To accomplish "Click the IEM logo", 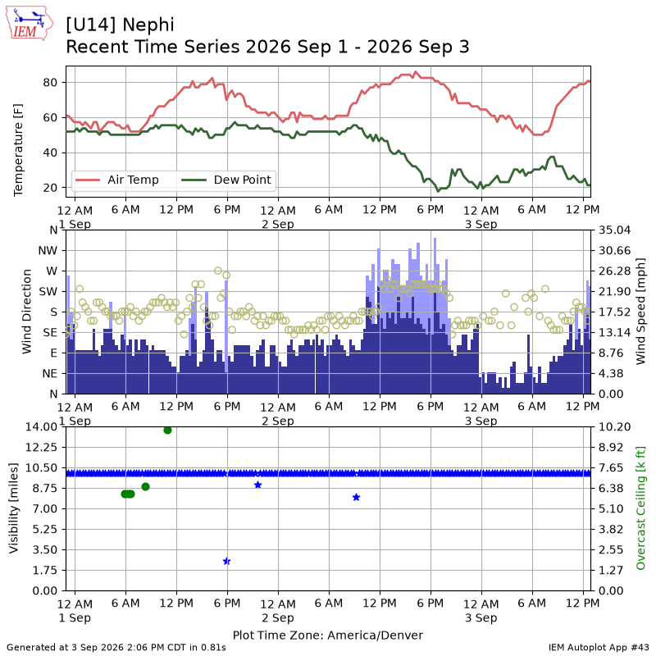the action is pyautogui.click(x=30, y=24).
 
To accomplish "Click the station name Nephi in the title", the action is pyautogui.click(x=148, y=25).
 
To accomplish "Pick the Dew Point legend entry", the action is pyautogui.click(x=226, y=180).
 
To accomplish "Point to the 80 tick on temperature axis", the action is pyautogui.click(x=50, y=83).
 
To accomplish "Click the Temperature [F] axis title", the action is pyautogui.click(x=18, y=150).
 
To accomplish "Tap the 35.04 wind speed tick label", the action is pyautogui.click(x=614, y=230).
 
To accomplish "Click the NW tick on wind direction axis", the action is pyautogui.click(x=48, y=251).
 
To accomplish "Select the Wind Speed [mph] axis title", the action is pyautogui.click(x=640, y=312).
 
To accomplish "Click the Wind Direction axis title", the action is pyautogui.click(x=26, y=312).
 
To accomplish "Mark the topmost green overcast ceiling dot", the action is pyautogui.click(x=168, y=430).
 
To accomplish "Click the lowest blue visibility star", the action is pyautogui.click(x=227, y=561).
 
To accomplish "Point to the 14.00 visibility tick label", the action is pyautogui.click(x=41, y=426).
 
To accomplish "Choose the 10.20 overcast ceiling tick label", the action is pyautogui.click(x=614, y=426).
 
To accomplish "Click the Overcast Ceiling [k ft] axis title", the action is pyautogui.click(x=640, y=508).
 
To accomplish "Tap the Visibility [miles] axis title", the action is pyautogui.click(x=14, y=508).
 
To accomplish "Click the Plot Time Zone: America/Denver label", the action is pyautogui.click(x=328, y=635).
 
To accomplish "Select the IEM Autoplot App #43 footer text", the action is pyautogui.click(x=599, y=648).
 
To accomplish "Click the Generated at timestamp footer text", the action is pyautogui.click(x=116, y=648).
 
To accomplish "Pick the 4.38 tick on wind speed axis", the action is pyautogui.click(x=611, y=374).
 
